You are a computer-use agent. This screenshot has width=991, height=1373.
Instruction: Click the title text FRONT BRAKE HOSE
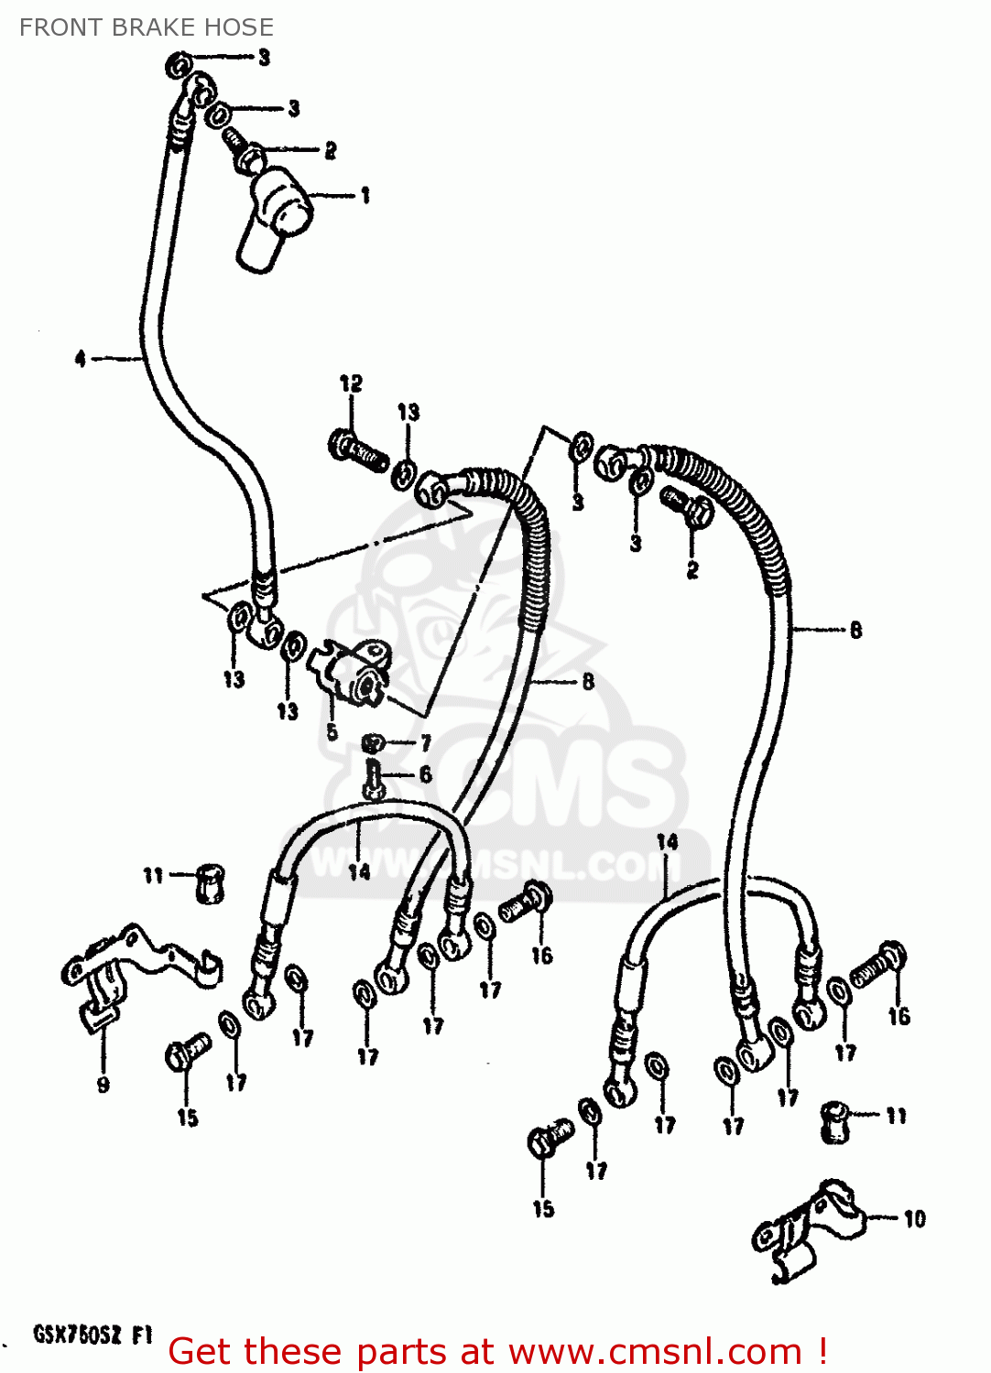coord(147,27)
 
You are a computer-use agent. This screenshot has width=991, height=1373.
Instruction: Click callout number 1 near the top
coord(365,195)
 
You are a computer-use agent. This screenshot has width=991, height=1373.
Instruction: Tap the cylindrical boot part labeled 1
coord(273,218)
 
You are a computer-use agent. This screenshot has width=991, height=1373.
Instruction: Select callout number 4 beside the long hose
coord(81,359)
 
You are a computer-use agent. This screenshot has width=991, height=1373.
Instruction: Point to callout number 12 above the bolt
coord(351,384)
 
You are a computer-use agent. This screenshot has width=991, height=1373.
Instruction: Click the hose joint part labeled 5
coord(353,673)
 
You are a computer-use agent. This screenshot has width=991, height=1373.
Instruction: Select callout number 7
coord(425,743)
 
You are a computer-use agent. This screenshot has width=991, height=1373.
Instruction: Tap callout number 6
coord(425,774)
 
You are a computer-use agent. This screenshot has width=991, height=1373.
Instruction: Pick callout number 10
coord(914,1218)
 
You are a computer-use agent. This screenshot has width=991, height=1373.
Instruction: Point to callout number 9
coord(103,1085)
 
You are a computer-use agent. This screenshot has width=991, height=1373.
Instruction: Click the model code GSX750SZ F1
coord(92,1335)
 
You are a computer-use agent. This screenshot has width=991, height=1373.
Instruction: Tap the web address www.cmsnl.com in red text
coord(655,1352)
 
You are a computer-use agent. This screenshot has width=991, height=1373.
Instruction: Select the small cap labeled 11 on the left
coord(210,882)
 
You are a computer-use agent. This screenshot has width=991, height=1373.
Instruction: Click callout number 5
coord(332,731)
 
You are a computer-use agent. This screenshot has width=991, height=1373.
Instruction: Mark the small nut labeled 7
coord(372,742)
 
